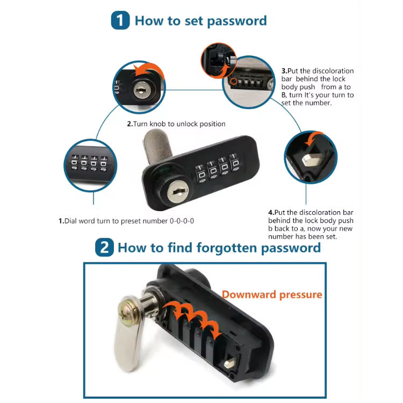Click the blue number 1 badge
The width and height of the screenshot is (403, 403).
click(x=120, y=20)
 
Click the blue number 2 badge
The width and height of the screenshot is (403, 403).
click(x=104, y=247)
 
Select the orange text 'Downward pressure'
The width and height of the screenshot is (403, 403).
click(x=272, y=294)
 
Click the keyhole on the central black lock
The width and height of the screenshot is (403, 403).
click(x=177, y=191)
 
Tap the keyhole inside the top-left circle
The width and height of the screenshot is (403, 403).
click(x=140, y=90)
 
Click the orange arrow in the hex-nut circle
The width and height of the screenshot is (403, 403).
click(x=313, y=139)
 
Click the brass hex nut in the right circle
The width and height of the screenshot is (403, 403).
click(x=310, y=160)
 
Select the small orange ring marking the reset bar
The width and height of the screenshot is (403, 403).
click(x=233, y=81)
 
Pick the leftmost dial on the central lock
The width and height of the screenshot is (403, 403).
click(x=201, y=175)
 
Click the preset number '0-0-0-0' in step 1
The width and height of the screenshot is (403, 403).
click(x=182, y=221)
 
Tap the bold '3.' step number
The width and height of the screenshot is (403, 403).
click(x=284, y=71)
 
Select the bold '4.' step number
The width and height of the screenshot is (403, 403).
click(x=271, y=213)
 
